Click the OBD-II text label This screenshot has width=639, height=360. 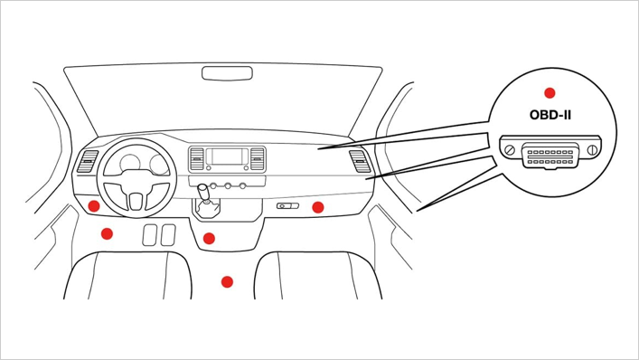pos(550,115)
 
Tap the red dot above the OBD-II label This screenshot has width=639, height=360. pos(550,93)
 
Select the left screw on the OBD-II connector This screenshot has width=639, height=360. pos(510,150)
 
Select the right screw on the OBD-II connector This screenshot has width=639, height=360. pos(593,150)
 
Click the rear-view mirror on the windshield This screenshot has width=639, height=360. pos(227,73)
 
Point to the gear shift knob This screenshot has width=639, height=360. pos(202,190)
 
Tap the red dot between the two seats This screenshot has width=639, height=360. pos(227,281)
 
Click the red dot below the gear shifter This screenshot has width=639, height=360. pos(209,239)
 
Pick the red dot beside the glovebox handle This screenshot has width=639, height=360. pos(318,207)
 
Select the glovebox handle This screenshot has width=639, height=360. pos(287,206)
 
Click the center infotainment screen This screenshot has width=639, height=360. pos(227,156)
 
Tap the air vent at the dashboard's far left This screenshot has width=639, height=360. pos(87,161)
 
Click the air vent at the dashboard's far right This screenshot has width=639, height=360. pos(361,161)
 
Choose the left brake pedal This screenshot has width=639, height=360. pos(149,235)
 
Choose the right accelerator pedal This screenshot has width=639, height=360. pos(168,235)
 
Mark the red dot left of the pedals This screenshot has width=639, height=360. pos(107,233)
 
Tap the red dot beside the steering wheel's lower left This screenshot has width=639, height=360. pos(94,206)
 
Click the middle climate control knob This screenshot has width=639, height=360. pos(228,186)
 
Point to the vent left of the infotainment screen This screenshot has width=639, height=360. pos(196,159)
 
